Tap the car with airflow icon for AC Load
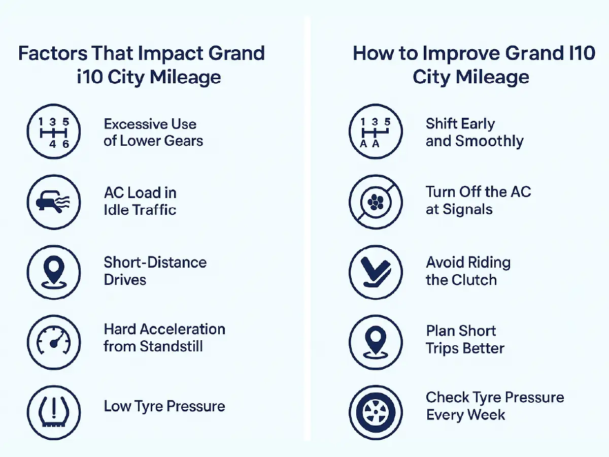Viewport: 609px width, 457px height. click(53, 202)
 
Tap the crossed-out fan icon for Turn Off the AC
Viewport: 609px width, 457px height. click(376, 202)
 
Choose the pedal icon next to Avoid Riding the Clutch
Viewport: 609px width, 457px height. click(376, 272)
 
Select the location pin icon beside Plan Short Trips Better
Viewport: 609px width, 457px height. click(376, 341)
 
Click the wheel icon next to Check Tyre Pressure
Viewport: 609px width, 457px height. click(376, 412)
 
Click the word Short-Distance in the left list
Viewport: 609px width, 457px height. click(155, 263)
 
